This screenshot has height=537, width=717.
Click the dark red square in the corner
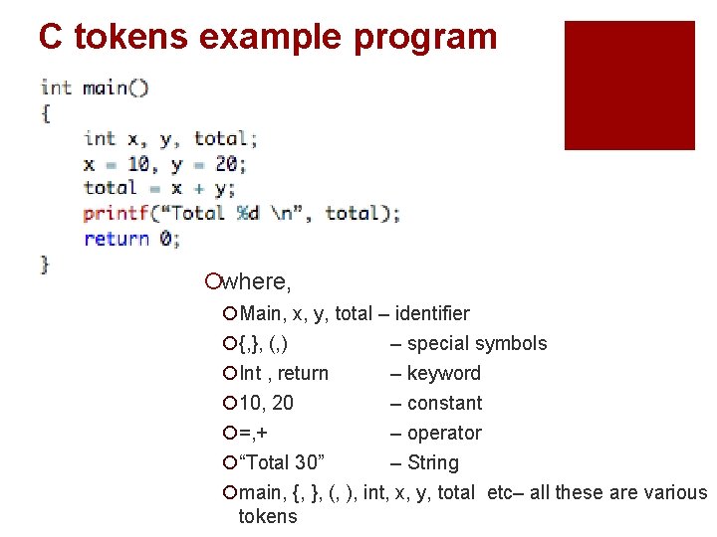(628, 86)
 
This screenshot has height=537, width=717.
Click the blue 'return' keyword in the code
(117, 239)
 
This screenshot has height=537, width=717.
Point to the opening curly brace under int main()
(46, 112)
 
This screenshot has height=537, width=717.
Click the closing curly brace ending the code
(45, 264)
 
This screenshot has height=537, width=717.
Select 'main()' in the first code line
(116, 88)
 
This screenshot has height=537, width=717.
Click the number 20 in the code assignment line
(225, 163)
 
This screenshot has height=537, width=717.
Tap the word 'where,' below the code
(256, 283)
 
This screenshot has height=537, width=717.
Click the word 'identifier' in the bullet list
(431, 313)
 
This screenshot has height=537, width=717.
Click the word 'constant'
(444, 403)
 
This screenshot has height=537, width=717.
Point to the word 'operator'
(444, 433)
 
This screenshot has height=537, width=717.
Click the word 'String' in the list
(433, 462)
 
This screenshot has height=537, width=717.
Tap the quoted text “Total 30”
(282, 462)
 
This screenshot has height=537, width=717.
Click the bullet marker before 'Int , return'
(230, 374)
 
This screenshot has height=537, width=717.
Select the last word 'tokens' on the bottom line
(268, 516)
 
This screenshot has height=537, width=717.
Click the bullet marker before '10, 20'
(230, 404)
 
